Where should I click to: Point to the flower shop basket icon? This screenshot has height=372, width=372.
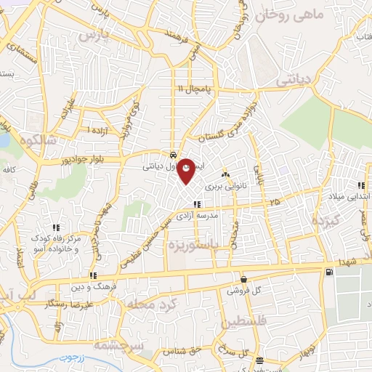[243, 278]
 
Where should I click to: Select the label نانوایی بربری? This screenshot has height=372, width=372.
[225, 186]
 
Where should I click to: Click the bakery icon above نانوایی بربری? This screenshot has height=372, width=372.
[225, 174]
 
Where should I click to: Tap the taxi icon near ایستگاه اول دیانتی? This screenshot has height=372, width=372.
[172, 155]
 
